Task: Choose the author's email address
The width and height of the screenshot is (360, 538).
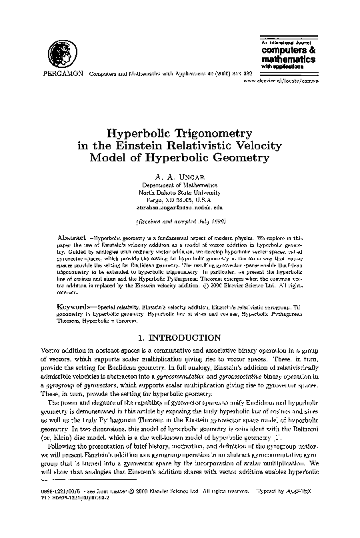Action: pos(179,207)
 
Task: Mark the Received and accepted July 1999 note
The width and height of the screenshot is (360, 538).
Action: pos(179,219)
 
